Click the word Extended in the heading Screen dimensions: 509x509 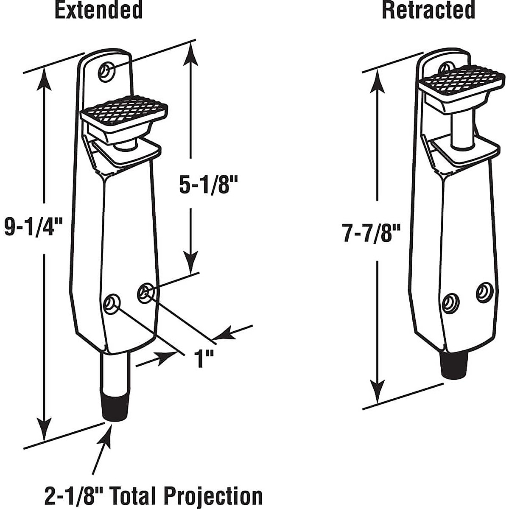tap(98, 10)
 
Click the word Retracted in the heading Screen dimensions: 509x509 tap(428, 10)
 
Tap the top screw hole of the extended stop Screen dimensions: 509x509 tap(106, 72)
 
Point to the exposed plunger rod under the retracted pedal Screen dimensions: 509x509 tap(461, 130)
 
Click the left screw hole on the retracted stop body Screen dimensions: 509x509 tap(451, 303)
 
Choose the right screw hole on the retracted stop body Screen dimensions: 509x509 tap(484, 292)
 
